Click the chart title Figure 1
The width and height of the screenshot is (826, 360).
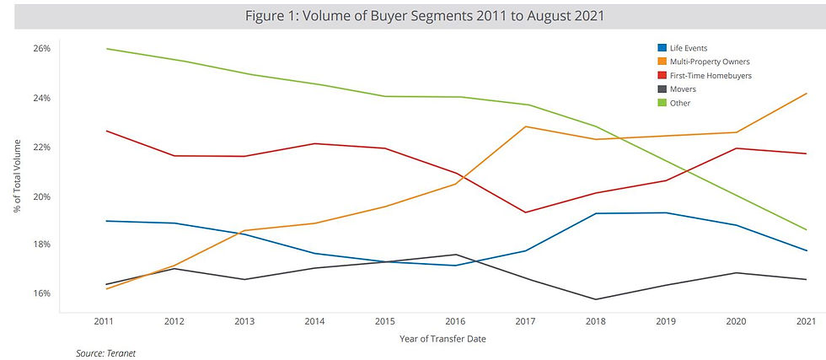pyautogui.click(x=412, y=16)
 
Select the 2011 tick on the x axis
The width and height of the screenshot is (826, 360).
pyautogui.click(x=104, y=321)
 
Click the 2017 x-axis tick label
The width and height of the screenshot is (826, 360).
pyautogui.click(x=525, y=321)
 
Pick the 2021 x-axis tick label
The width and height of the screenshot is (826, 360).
pyautogui.click(x=806, y=321)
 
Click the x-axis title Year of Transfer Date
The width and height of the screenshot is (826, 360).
pyautogui.click(x=455, y=339)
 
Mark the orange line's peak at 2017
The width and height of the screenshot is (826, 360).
pyautogui.click(x=525, y=126)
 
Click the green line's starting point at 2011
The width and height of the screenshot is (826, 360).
pyautogui.click(x=104, y=49)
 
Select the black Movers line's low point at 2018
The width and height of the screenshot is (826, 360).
pyautogui.click(x=596, y=299)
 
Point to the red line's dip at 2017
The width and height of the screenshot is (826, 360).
pyautogui.click(x=525, y=212)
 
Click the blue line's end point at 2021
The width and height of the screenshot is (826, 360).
pyautogui.click(x=807, y=250)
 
